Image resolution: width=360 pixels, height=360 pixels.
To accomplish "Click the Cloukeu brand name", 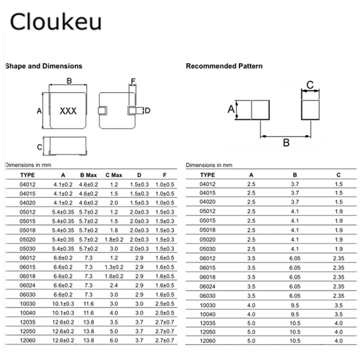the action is coord(55,21).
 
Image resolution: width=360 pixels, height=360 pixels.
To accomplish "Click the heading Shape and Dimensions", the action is coord(43,66).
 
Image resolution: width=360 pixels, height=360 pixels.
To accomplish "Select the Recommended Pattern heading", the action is coord(224,66).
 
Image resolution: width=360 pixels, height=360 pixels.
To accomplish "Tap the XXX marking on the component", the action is coord(68,111).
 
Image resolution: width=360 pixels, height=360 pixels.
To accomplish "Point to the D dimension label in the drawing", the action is coord(148,111).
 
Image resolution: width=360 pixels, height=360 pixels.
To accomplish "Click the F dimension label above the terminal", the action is coord(133,81).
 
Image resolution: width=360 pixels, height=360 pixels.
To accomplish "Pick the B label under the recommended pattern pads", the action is coord(286,143).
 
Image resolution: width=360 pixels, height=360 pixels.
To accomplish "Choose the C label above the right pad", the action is coord(310,85).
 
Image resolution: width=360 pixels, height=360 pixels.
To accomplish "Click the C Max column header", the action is coord(114,175).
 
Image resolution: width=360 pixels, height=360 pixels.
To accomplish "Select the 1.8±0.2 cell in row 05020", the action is coord(114,239).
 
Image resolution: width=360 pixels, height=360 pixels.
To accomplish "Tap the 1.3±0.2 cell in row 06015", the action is coord(114,267).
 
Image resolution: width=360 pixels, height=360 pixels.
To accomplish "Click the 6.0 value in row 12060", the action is coord(114,340).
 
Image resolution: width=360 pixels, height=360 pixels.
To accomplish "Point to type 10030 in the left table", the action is coord(27,304).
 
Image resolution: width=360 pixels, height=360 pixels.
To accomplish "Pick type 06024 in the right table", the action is coord(207,287).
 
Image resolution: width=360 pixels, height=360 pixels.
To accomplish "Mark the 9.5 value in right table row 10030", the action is coord(295,306).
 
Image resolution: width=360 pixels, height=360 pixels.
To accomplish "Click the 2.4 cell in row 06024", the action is coord(114,285).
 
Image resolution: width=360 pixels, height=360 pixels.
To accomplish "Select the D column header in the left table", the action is coord(139,175).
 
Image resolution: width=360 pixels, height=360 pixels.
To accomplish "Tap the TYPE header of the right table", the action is coord(207,175).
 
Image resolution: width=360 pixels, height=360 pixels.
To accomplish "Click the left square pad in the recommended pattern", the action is coord(261,110).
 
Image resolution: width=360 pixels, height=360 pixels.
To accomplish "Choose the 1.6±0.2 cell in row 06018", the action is coord(114,276).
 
